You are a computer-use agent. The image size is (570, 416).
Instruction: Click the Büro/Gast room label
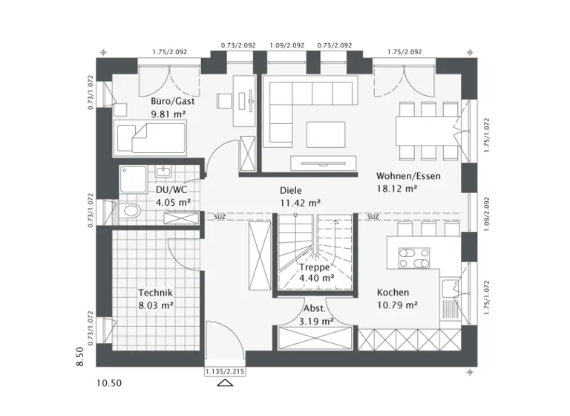tap(172, 101)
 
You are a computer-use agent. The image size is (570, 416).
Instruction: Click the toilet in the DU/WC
tap(131, 211)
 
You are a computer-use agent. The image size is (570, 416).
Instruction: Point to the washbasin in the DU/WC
tap(163, 172)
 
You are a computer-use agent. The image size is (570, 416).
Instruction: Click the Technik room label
tap(155, 293)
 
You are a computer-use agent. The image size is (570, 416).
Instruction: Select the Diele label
tap(292, 189)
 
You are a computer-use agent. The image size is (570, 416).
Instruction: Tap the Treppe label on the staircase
tap(314, 267)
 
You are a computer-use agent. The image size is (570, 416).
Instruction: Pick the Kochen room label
tap(393, 293)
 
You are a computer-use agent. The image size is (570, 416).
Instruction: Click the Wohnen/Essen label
tap(408, 176)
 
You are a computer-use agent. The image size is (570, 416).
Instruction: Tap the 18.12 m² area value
tap(396, 189)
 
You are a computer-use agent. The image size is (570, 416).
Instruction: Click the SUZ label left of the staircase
tap(220, 218)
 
